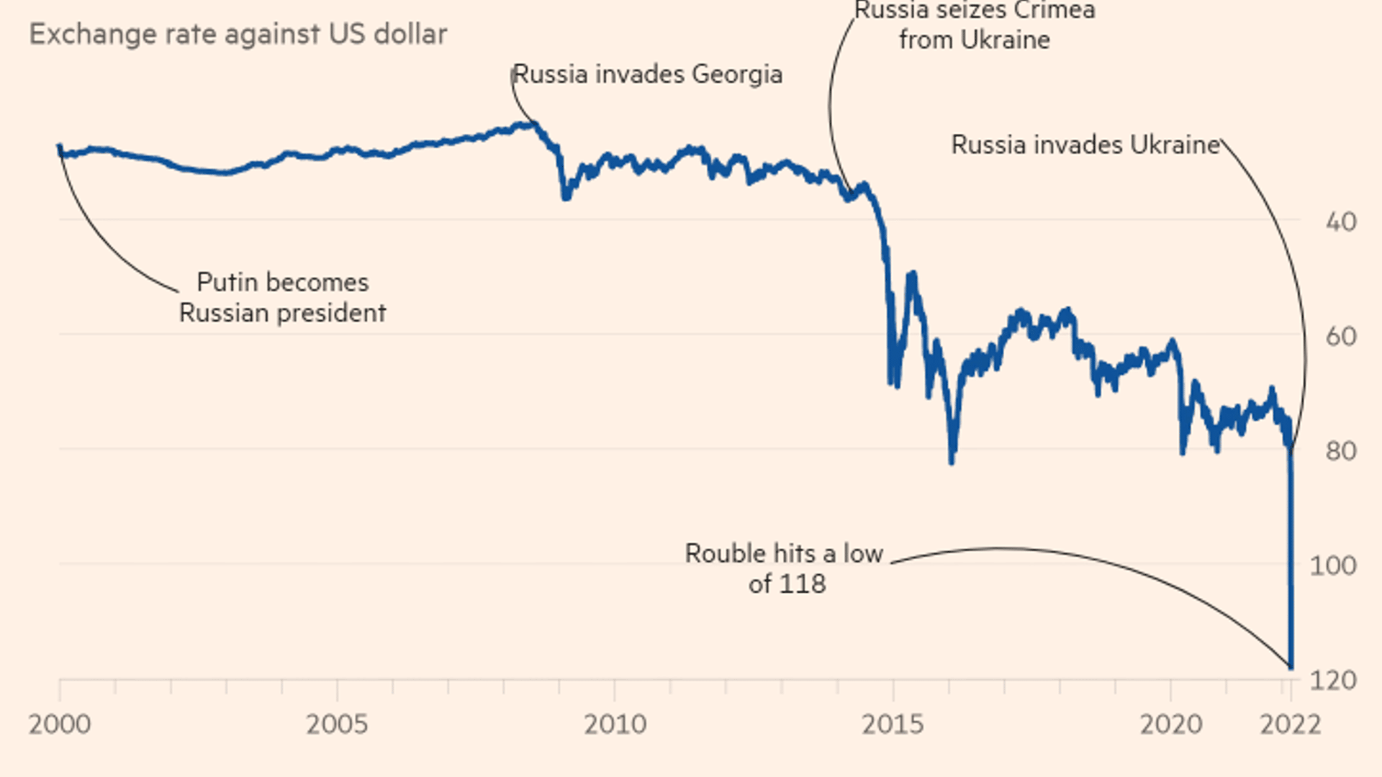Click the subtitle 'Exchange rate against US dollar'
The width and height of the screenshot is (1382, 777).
[238, 35]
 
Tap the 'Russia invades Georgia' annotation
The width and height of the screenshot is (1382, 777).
[647, 74]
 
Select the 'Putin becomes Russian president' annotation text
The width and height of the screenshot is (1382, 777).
[282, 297]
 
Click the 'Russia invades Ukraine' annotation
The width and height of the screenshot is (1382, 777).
[1085, 145]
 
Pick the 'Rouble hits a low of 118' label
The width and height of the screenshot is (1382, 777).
[785, 568]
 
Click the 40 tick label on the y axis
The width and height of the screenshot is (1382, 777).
[1341, 222]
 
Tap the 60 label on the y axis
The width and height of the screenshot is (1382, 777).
[1341, 336]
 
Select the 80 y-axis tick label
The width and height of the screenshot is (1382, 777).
[1341, 451]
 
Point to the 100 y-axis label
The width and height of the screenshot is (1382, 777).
[1333, 565]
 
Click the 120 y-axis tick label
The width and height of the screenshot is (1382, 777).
[1333, 680]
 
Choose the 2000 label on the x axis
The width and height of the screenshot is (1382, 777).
[60, 724]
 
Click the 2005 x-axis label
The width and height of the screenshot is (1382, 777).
[337, 724]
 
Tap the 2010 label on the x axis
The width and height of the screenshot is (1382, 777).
[615, 724]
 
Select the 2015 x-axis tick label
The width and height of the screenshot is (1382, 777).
[893, 724]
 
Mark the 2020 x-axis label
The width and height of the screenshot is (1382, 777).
[1170, 724]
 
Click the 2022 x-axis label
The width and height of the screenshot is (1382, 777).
[1290, 724]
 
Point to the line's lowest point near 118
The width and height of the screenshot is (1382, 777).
[1291, 668]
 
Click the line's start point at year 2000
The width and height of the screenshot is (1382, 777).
[60, 147]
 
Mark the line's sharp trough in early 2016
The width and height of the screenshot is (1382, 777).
[952, 460]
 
